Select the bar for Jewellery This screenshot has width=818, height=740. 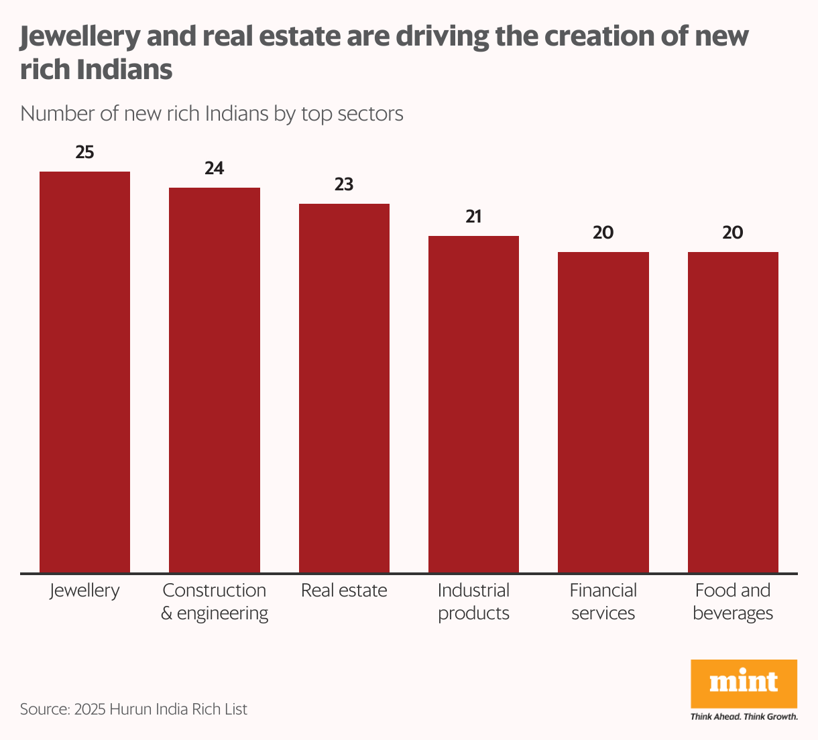tap(84, 372)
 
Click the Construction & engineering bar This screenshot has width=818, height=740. tap(215, 380)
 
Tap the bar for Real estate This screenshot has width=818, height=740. tap(344, 388)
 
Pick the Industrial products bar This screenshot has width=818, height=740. tap(473, 404)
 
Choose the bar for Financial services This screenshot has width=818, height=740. tap(603, 412)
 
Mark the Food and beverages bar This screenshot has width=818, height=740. tap(733, 412)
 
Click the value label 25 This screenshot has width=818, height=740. tap(84, 152)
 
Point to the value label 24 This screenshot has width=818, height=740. tap(215, 168)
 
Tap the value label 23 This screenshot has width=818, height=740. tap(344, 184)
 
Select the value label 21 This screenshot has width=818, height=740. tap(473, 217)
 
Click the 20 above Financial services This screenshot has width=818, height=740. tap(603, 233)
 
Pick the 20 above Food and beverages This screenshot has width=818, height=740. tap(733, 233)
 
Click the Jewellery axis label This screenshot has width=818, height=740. tap(84, 591)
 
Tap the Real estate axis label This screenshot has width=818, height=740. tap(344, 591)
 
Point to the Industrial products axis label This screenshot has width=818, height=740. tap(473, 601)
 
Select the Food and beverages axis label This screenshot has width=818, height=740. tap(733, 601)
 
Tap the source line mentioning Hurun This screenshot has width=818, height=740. tap(133, 709)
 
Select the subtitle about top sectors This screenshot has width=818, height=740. tap(212, 113)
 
